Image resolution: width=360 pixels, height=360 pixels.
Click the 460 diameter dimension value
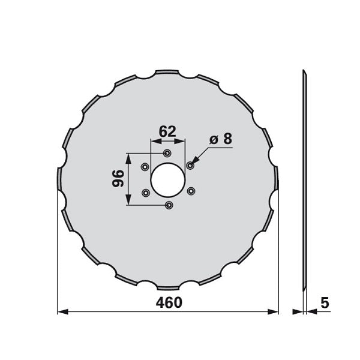click(169, 302)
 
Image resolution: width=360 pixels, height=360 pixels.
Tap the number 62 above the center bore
click(167, 131)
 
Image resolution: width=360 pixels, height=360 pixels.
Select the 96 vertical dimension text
click(118, 178)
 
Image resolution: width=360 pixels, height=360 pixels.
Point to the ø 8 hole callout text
click(221, 139)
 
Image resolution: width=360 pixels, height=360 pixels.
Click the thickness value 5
click(325, 302)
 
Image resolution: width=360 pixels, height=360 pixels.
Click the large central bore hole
click(168, 180)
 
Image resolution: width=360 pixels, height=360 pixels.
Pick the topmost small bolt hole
click(167, 153)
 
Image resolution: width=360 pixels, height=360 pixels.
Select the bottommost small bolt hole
click(169, 205)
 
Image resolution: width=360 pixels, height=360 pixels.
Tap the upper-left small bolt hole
click(145, 167)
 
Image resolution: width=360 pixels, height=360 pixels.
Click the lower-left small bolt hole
click(146, 193)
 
